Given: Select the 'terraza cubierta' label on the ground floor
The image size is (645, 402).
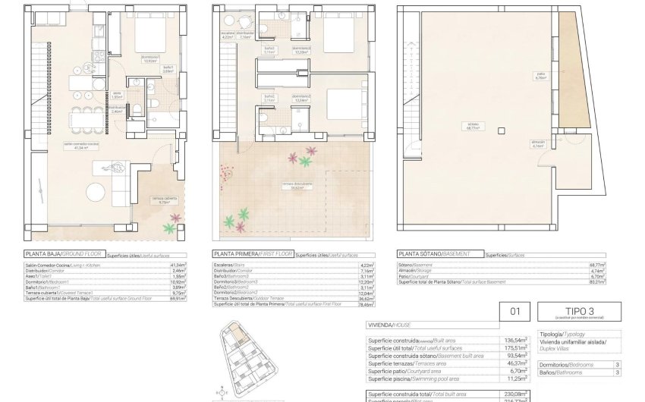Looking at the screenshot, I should pos(159,201).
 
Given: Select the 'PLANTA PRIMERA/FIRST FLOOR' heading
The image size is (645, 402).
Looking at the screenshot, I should pos(252,255).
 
